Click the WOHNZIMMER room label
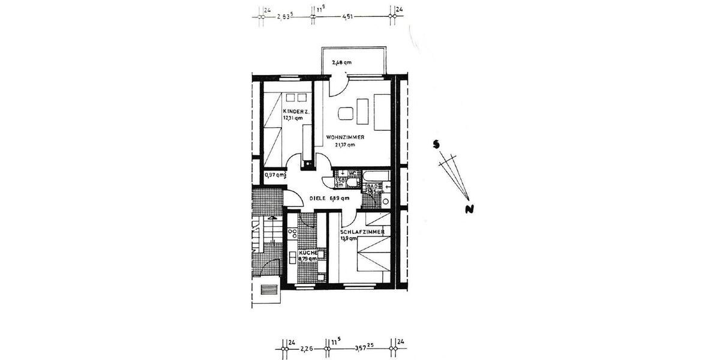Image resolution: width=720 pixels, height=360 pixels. tap(345, 137)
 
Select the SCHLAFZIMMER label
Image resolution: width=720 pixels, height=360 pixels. tap(362, 232)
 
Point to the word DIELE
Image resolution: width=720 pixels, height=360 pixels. tap(319, 198)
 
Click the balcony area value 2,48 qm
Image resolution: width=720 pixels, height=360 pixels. tap(341, 62)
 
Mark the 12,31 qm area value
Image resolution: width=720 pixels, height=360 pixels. tap(293, 118)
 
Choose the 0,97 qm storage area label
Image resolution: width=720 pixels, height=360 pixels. tap(275, 175)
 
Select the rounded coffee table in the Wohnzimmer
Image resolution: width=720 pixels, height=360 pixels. tap(345, 112)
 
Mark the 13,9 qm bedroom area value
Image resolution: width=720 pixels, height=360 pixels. tap(348, 238)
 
